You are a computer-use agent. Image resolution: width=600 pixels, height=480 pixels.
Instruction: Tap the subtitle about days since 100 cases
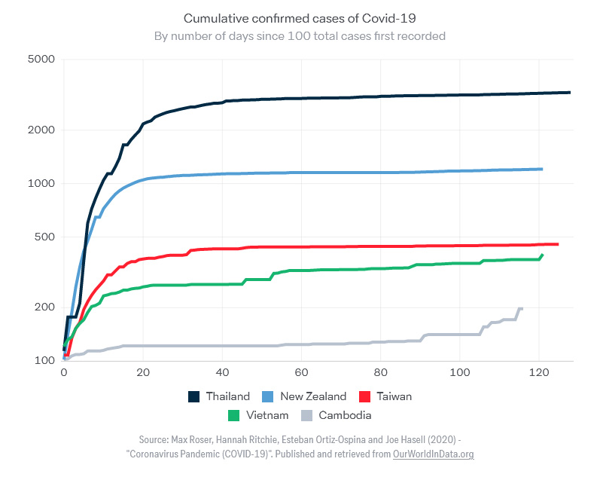point(300,35)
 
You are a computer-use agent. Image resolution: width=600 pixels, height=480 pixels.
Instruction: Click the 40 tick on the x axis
point(222,372)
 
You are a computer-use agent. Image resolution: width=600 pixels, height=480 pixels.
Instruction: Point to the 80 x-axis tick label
point(380,372)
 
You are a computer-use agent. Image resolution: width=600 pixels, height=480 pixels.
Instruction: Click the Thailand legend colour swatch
point(194,396)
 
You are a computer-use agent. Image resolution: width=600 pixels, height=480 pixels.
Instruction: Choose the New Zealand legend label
point(313,396)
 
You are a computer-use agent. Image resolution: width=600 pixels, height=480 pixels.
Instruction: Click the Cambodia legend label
point(345,415)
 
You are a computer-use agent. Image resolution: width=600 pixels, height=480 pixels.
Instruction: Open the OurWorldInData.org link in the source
point(433,454)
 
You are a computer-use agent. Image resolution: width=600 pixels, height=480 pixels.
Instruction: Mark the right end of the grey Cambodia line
point(521,309)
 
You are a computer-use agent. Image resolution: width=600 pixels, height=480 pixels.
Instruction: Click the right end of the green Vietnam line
point(542,255)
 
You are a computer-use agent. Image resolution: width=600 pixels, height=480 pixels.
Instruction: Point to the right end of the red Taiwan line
point(557,244)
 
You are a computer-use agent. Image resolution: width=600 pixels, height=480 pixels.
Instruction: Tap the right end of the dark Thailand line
point(569,93)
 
